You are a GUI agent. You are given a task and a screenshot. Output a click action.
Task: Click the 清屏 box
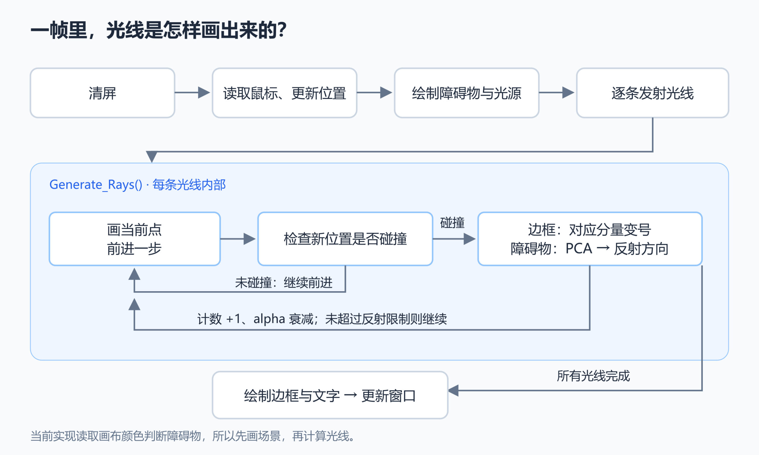(103, 93)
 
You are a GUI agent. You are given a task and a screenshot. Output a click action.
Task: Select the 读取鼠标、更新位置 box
(284, 93)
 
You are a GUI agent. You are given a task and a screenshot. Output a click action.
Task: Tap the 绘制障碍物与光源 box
(467, 93)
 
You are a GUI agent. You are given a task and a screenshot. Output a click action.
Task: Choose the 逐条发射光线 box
(653, 93)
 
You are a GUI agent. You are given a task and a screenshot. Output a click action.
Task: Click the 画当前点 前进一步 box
(135, 239)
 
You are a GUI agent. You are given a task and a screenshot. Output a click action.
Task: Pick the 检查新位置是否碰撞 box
(345, 239)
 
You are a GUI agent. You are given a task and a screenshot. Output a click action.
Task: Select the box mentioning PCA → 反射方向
(590, 239)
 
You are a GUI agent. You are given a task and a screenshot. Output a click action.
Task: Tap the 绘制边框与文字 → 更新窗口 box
(330, 395)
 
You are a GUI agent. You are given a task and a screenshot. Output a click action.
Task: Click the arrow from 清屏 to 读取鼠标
(192, 92)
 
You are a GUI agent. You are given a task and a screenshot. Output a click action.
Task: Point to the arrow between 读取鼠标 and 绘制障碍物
(374, 92)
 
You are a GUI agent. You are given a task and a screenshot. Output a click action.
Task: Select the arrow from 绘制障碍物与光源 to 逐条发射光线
(557, 92)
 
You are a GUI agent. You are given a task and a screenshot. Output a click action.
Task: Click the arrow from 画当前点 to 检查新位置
(238, 239)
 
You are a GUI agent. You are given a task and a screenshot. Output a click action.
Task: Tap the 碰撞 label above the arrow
(452, 222)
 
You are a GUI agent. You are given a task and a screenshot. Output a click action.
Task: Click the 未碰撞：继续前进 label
(284, 282)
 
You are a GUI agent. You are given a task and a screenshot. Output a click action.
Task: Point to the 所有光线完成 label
(593, 376)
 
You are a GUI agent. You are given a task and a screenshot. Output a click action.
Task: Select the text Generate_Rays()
(96, 185)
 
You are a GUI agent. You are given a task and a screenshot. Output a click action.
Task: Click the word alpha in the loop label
(270, 319)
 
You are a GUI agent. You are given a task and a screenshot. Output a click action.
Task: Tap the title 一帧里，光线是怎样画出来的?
(158, 30)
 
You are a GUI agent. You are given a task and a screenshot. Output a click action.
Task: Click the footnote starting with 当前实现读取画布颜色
(193, 436)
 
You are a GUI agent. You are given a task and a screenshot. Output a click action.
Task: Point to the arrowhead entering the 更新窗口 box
(453, 391)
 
